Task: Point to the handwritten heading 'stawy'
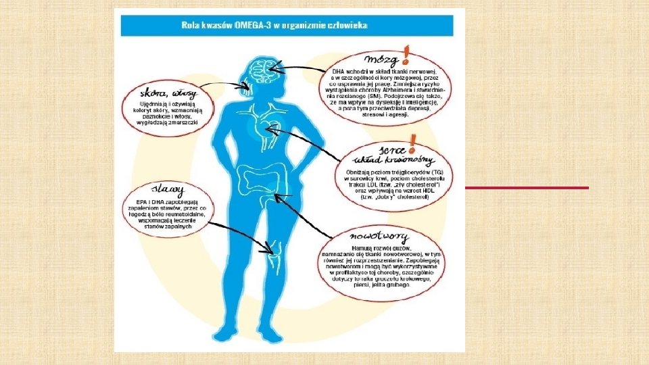coord(168,187)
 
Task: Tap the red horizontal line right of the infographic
coord(527,187)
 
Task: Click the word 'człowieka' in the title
coord(348,25)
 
